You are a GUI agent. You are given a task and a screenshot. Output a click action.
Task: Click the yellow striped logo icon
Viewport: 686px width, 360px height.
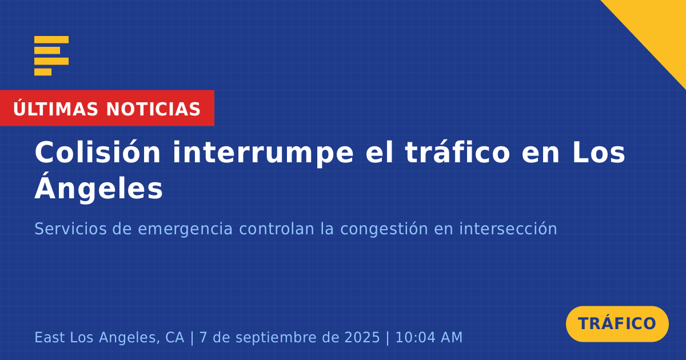[x=51, y=56]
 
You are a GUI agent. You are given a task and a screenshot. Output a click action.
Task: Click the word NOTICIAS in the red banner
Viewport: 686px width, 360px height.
[x=153, y=109]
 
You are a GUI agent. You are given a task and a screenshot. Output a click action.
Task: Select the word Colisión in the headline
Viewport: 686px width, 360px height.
[x=97, y=152]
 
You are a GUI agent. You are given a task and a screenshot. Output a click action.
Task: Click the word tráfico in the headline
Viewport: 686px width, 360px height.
[x=457, y=152]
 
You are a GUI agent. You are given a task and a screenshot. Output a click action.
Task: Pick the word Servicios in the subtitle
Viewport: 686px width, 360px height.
[x=70, y=229]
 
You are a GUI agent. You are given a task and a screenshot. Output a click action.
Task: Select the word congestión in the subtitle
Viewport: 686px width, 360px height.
[x=384, y=230]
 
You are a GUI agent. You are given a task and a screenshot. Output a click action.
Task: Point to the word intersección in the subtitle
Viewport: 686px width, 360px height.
[x=508, y=229]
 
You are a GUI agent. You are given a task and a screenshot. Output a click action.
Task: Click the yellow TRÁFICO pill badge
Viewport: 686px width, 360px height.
[x=617, y=324]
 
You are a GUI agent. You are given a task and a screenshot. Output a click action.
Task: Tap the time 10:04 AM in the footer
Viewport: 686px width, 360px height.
[x=429, y=337]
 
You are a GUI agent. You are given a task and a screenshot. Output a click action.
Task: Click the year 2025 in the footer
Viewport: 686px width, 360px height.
[x=362, y=337]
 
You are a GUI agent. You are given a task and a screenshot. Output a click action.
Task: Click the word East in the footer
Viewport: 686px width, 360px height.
[x=50, y=337]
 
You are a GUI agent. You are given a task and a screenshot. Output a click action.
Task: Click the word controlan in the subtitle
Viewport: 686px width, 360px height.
[x=277, y=229]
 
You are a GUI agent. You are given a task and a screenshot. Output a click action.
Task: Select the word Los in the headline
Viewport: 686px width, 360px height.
[x=599, y=152]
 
